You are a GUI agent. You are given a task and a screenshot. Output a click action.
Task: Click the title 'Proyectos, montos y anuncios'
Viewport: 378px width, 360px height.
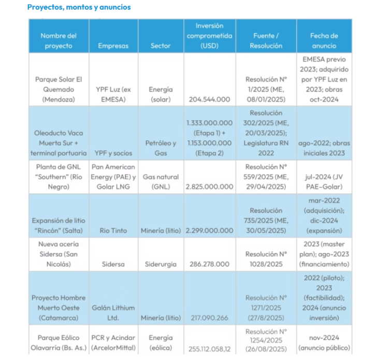(x=79, y=7)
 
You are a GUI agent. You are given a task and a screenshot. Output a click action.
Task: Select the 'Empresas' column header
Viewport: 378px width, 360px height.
(x=113, y=46)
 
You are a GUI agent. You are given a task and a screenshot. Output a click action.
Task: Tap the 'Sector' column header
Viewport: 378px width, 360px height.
(x=161, y=46)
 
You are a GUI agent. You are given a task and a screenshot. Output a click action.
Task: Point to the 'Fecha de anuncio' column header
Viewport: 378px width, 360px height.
(x=324, y=41)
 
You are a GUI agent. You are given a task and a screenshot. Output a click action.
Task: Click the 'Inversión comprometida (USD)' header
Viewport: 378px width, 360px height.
(x=209, y=36)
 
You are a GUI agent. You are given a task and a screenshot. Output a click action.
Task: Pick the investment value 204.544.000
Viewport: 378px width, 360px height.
(x=209, y=99)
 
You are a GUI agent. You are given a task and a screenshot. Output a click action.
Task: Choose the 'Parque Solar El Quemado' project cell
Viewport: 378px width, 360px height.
(x=59, y=90)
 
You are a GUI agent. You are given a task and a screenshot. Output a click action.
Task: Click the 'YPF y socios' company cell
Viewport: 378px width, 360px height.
(x=113, y=153)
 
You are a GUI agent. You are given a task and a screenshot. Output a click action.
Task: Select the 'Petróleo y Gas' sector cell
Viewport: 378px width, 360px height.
(x=161, y=148)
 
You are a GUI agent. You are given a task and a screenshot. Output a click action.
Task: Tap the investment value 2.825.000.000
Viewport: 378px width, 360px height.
(x=209, y=186)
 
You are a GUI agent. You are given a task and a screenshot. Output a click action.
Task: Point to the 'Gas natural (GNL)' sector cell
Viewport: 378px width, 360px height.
(x=161, y=182)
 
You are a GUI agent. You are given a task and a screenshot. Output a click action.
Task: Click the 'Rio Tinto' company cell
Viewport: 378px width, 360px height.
(x=113, y=231)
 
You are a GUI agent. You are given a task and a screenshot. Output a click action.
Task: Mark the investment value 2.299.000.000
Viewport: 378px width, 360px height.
(x=209, y=231)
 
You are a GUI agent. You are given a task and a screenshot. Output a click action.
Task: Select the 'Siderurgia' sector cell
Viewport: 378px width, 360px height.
(x=161, y=264)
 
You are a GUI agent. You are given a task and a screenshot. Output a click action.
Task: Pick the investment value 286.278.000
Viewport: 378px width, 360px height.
(x=209, y=264)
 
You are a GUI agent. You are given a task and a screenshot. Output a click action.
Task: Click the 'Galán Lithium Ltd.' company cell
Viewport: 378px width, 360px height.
(x=113, y=313)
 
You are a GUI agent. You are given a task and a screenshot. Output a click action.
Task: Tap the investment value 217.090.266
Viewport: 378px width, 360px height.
(x=209, y=318)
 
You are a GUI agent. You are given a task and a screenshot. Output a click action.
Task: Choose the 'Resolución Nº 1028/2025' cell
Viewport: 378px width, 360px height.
(x=266, y=259)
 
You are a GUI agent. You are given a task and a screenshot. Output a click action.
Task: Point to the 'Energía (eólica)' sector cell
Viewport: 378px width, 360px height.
(x=161, y=342)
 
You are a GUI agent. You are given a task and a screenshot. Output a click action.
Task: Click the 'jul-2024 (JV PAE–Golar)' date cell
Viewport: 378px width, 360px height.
(x=324, y=182)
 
